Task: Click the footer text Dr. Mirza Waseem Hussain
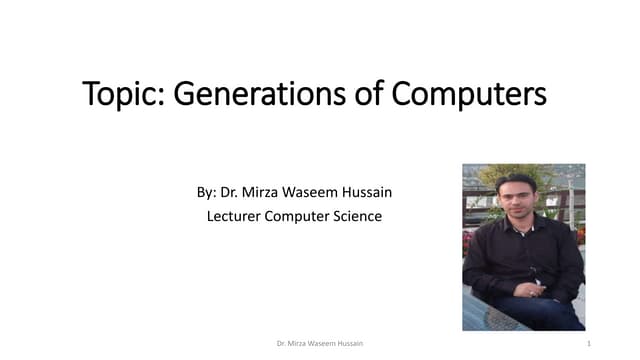click(x=320, y=343)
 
